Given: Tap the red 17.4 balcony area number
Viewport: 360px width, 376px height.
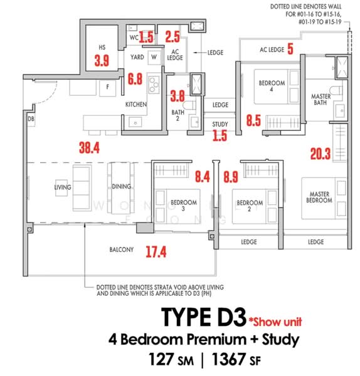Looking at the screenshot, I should [156, 252].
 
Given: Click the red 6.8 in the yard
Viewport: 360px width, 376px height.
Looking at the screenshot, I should [134, 80].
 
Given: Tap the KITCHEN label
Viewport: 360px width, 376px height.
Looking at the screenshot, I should [136, 105].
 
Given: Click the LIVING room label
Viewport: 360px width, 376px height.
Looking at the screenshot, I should [63, 187].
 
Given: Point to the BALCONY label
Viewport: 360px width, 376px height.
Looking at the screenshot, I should [122, 250].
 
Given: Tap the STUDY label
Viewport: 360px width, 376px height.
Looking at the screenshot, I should [220, 124].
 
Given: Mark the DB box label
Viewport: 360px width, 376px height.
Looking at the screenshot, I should [31, 118].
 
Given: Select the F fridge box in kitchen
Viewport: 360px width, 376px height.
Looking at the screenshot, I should [108, 87].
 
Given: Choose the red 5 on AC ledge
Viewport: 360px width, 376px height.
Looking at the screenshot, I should [290, 49].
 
